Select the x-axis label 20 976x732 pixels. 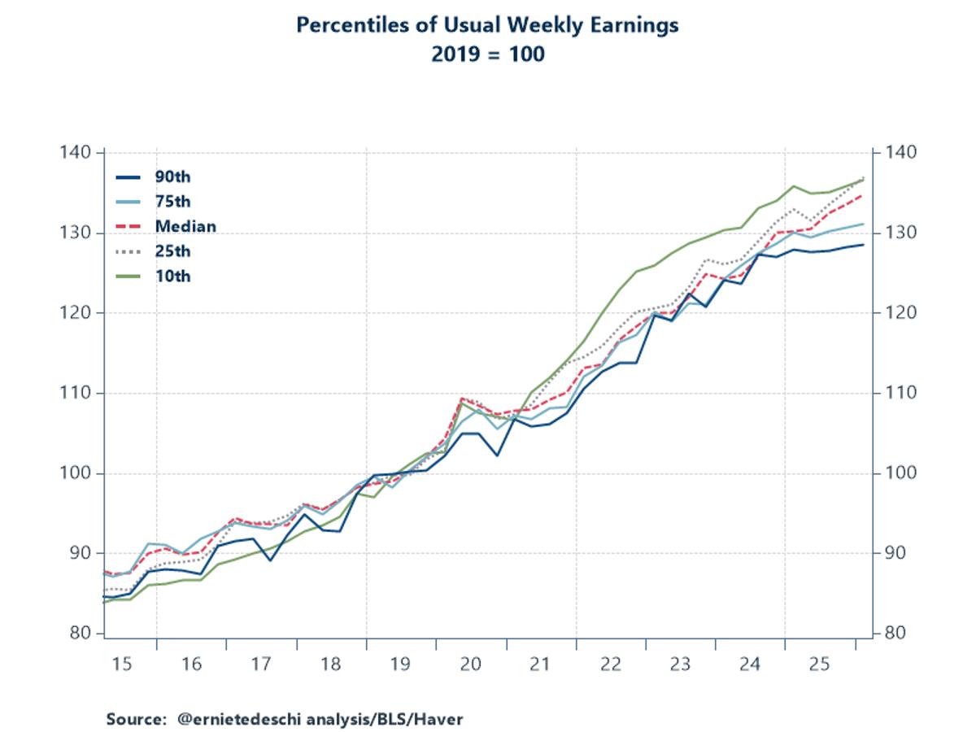click(x=471, y=664)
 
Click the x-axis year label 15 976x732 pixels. click(x=121, y=664)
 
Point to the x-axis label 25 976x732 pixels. click(x=820, y=664)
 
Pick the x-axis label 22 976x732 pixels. click(x=611, y=664)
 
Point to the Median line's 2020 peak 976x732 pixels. click(x=462, y=399)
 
